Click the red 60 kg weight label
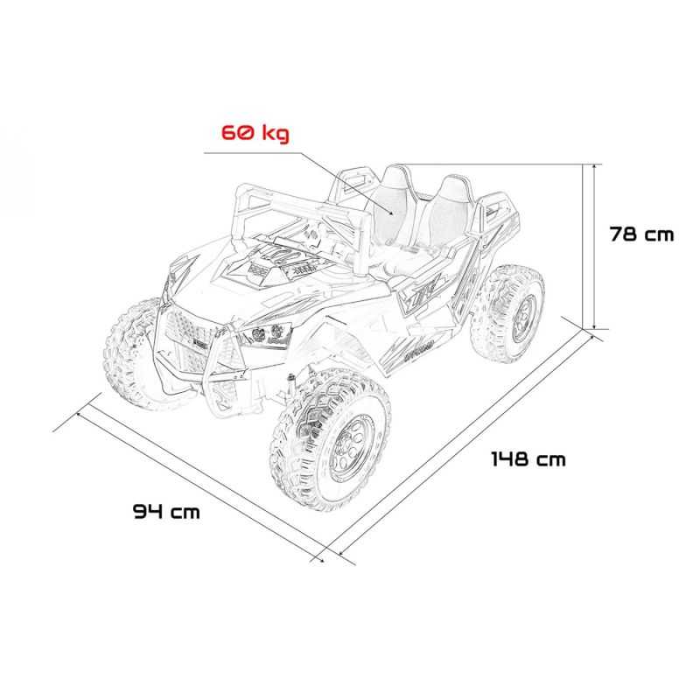click(255, 133)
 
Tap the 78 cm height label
click(641, 234)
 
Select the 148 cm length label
click(528, 458)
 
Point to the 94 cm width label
click(166, 511)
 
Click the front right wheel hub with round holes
click(352, 446)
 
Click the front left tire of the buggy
click(129, 353)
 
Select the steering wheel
click(313, 234)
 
